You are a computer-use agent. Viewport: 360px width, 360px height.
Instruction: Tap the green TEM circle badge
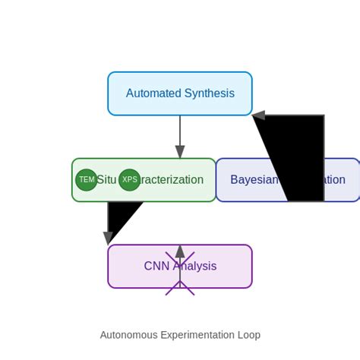(87, 180)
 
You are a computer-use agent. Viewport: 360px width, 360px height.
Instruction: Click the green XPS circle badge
(130, 180)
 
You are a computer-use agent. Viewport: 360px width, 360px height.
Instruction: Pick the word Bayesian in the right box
(254, 180)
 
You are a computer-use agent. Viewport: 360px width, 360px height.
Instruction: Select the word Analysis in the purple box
(196, 267)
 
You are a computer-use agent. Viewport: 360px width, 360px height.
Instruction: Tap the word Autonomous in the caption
(129, 335)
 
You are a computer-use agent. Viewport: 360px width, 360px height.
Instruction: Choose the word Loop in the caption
(248, 335)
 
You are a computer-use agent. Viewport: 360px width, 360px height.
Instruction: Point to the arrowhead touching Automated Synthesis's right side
(259, 115)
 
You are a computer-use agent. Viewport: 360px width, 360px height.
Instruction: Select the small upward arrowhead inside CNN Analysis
(180, 251)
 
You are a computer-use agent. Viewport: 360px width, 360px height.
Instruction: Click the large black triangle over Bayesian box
(296, 159)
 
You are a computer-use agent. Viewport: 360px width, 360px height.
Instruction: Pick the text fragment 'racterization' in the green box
(172, 180)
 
